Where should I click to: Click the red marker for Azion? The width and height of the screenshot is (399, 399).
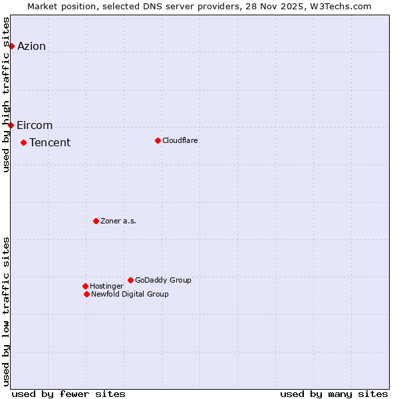pos(11,46)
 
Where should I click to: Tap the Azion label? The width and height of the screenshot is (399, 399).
pos(31,46)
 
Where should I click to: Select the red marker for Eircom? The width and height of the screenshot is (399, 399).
pos(11,125)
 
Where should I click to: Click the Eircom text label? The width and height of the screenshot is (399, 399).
pos(35,126)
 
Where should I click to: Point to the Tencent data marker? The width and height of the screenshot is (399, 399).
pos(23,142)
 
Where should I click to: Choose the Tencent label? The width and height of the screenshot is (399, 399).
pos(50,143)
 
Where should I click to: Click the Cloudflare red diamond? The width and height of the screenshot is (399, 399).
pos(158,140)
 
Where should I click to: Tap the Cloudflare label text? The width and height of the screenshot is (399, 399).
pos(180,141)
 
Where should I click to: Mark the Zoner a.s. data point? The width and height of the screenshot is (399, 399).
pos(96,221)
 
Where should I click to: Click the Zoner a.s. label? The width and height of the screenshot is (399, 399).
pos(118,221)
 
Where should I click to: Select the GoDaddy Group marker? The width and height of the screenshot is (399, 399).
pos(130,280)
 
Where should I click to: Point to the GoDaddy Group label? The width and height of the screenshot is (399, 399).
pos(163,281)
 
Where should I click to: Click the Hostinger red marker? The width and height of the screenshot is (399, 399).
pos(85,286)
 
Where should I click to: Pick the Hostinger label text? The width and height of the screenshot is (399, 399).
pos(106,287)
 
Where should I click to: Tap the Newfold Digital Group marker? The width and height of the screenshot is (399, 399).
pos(86,294)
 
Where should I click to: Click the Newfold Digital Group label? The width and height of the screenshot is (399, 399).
pos(130,295)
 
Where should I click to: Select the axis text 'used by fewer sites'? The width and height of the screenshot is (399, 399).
pos(68,394)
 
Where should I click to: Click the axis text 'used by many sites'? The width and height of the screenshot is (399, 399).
pos(334,394)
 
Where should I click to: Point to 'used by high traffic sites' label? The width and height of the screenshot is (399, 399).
pos(7,94)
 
